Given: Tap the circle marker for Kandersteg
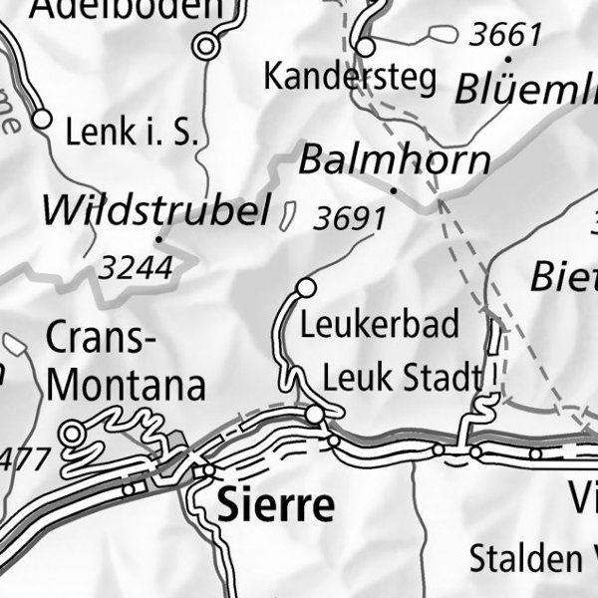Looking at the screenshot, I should [366, 48].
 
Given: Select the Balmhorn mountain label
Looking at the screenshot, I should [395, 159].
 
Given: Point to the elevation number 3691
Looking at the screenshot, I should [348, 218].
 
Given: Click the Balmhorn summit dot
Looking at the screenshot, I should [394, 188].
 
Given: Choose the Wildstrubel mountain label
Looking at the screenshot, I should [156, 210].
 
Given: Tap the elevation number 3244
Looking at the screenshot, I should [137, 267].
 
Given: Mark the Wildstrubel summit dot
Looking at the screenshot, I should [158, 239].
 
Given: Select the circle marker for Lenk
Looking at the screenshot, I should [42, 120].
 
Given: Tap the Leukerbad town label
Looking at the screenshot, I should [380, 324].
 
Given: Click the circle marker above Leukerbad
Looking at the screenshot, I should [306, 288].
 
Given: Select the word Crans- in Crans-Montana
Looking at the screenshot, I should [101, 339].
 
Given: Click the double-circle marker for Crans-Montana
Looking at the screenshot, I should [73, 433].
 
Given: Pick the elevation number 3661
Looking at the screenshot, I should [505, 35].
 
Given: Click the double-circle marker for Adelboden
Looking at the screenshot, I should [206, 46].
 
